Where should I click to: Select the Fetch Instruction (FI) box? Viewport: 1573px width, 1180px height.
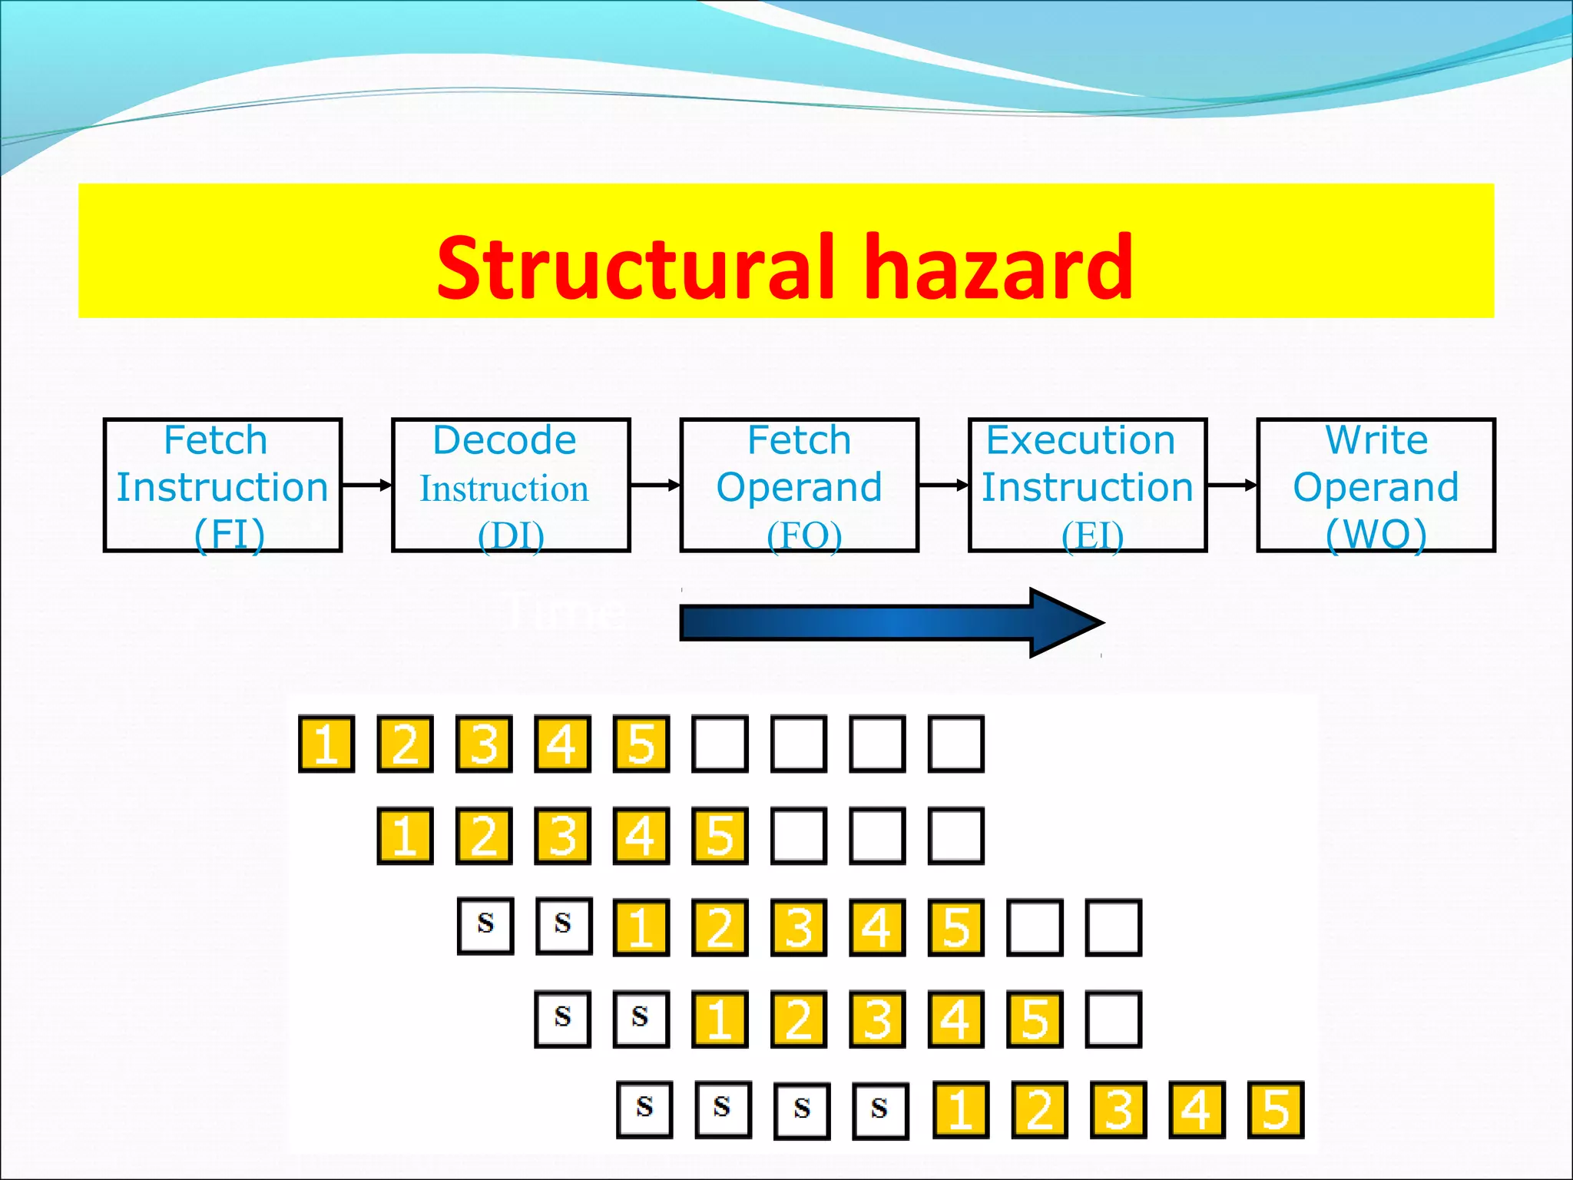pos(222,485)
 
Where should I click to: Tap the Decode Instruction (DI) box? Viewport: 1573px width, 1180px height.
pos(511,485)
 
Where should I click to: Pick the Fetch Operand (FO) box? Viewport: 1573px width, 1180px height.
pos(799,485)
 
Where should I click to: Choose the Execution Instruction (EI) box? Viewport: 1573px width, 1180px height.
pos(1088,485)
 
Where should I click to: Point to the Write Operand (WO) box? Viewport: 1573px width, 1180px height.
pos(1376,485)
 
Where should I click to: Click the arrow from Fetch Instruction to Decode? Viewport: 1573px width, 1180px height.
pos(366,485)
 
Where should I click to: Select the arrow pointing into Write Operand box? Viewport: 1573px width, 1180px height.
pos(1232,485)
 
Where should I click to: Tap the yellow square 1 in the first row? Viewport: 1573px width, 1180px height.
pos(326,744)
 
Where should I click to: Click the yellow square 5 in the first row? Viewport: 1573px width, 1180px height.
pos(641,744)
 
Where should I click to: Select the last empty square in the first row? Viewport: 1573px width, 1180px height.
pos(956,744)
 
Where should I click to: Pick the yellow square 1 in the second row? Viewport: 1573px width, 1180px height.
pos(405,835)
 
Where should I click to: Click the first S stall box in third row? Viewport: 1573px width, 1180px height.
pos(485,926)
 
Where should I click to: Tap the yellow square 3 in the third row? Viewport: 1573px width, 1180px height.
pos(799,927)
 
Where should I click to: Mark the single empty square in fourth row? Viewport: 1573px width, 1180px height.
pos(1113,1019)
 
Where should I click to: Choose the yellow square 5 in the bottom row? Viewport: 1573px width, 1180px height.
pos(1276,1110)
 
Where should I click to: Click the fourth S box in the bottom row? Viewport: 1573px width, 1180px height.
pos(880,1110)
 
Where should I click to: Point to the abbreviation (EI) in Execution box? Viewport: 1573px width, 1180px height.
pos(1092,535)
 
